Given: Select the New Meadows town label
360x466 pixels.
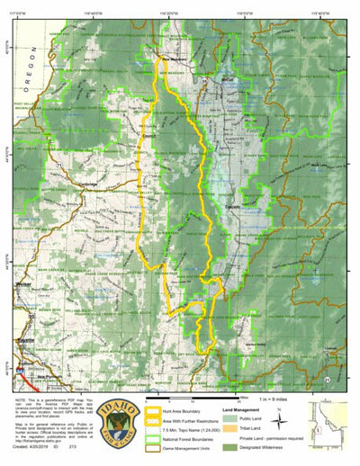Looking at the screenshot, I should point(170,61).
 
